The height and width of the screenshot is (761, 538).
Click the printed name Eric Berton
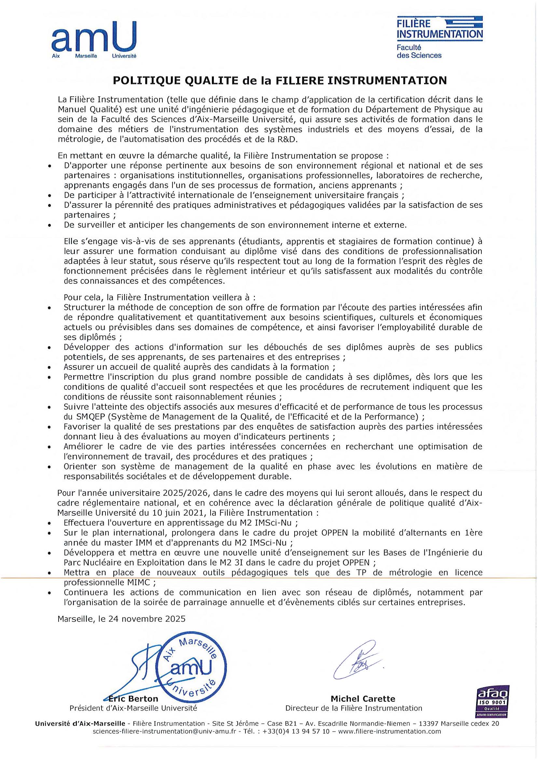134,699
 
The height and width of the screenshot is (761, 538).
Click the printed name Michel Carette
363,699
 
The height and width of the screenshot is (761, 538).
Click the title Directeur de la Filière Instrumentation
354,708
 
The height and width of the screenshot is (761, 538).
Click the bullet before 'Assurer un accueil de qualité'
49,368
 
